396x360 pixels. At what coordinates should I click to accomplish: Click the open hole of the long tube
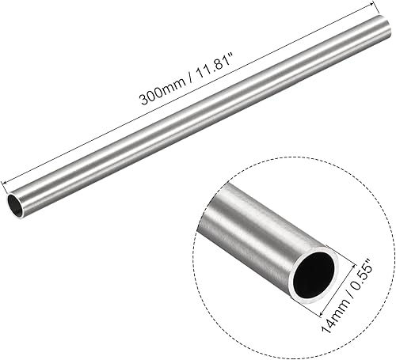tap(17, 207)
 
